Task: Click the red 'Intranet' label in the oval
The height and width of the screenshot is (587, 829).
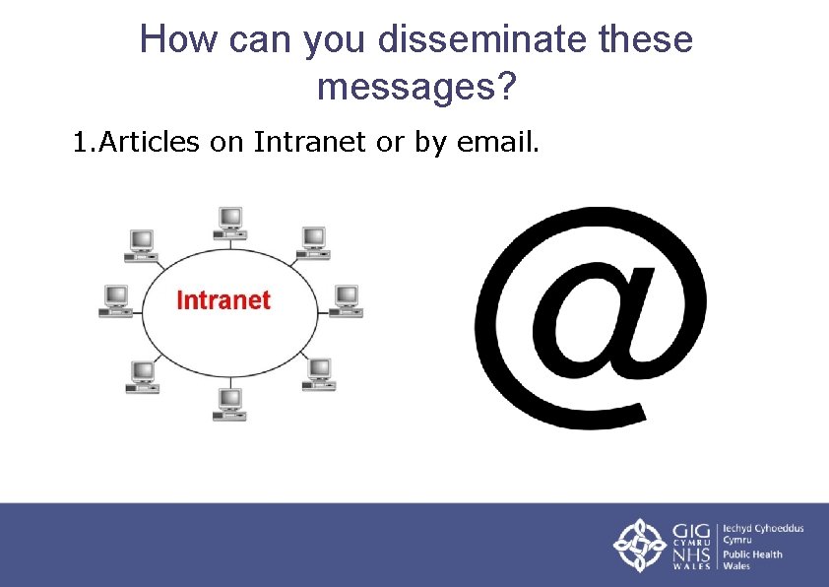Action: point(223,299)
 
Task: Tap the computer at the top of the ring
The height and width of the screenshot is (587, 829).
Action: point(230,221)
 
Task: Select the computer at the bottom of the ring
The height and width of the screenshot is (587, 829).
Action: point(229,404)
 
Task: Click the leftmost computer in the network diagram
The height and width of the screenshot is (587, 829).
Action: point(116,300)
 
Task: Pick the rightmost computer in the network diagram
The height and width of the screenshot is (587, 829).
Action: point(346,300)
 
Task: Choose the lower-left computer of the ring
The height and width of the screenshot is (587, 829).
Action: point(144,376)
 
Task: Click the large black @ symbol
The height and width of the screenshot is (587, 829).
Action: point(590,315)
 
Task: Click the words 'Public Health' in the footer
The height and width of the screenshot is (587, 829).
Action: point(753,554)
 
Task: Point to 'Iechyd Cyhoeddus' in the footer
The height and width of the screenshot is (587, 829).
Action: point(764,528)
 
